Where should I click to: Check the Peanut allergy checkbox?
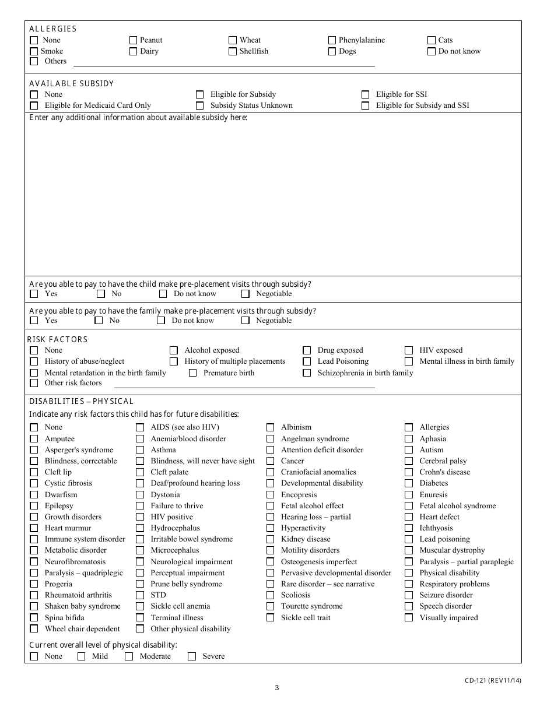[134, 40]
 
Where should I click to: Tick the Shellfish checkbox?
[233, 51]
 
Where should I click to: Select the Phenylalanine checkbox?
[332, 40]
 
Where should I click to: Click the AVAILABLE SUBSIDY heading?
[72, 83]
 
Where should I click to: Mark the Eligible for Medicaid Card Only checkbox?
[34, 106]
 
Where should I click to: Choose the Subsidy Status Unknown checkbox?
[199, 106]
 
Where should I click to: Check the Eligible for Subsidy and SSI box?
[365, 106]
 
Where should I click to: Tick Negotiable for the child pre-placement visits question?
[246, 294]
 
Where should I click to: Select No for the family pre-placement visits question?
[99, 321]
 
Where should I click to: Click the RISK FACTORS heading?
[58, 339]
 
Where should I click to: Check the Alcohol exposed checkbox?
[174, 350]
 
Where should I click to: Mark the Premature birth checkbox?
[192, 373]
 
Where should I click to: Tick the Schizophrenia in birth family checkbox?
[307, 373]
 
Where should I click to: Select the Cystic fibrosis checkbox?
[34, 483]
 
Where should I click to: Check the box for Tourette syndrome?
[270, 606]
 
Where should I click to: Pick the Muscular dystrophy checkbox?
[409, 550]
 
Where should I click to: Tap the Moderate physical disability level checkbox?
[129, 656]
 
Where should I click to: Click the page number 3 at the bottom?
[277, 688]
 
